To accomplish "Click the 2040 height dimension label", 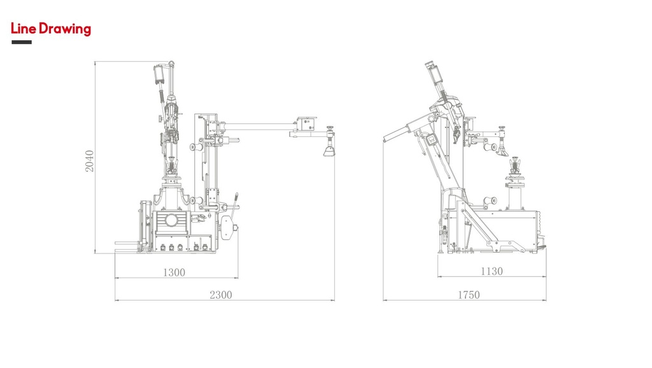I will (x=90, y=162).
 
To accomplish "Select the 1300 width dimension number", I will (x=174, y=272).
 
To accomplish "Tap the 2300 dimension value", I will (x=220, y=295).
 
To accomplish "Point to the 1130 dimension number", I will (x=491, y=271).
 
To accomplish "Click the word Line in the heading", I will (x=24, y=29).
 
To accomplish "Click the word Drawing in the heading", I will (x=64, y=29).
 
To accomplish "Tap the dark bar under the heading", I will (x=22, y=43).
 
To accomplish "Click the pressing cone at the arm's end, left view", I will (x=329, y=152).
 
